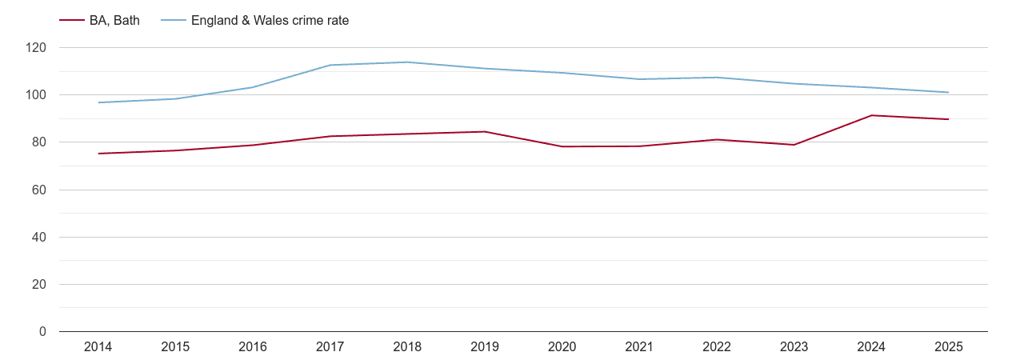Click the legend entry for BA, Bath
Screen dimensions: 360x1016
[114, 21]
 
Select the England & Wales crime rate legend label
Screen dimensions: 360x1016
[270, 21]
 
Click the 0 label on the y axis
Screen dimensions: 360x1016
[43, 332]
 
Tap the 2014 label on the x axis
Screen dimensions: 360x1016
[98, 347]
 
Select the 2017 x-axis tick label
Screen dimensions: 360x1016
[330, 347]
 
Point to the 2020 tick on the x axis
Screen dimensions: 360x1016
[562, 347]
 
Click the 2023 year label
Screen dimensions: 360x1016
[794, 347]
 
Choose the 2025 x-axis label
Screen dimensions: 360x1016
[948, 347]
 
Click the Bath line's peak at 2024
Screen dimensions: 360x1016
[871, 115]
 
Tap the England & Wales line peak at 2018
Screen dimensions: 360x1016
[407, 62]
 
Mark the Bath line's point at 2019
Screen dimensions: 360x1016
[485, 131]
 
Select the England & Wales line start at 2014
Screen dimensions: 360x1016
[98, 102]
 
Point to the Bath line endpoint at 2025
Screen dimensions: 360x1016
[948, 119]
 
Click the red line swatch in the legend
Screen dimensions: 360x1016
[72, 21]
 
